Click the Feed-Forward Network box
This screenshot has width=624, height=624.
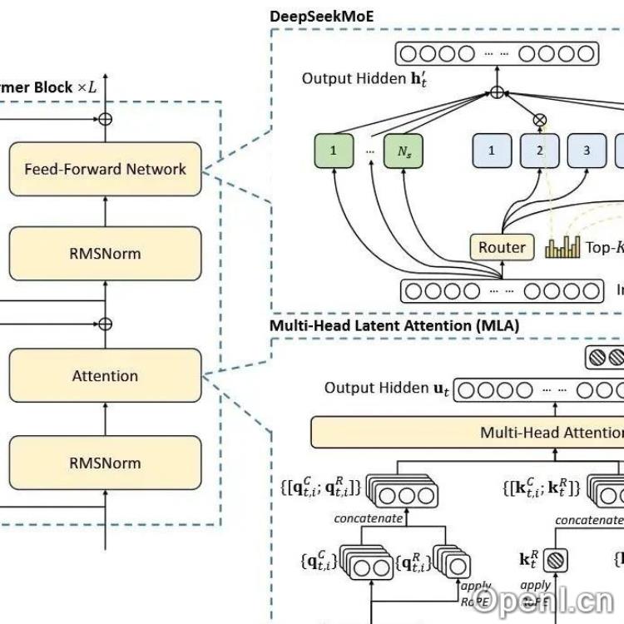(x=105, y=169)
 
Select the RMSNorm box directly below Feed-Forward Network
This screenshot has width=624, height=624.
(x=105, y=253)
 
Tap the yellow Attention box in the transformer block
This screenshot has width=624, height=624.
(x=105, y=376)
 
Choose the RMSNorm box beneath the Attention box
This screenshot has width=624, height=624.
(x=105, y=463)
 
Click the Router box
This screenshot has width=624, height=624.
(x=502, y=247)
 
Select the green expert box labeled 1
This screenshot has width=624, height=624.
(x=334, y=151)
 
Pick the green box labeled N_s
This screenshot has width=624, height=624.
(x=404, y=151)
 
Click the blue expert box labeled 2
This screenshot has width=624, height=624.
(x=540, y=151)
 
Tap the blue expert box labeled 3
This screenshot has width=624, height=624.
(x=587, y=151)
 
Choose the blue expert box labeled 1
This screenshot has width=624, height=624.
(x=492, y=151)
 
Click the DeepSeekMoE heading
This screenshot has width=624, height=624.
(x=320, y=16)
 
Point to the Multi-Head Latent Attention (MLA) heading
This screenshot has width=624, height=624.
(x=394, y=325)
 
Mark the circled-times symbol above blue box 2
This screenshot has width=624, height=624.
(x=540, y=119)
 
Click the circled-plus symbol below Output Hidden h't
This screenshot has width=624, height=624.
(x=496, y=92)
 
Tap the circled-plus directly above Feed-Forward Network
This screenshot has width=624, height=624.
(x=105, y=119)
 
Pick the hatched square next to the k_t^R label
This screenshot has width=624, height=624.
(x=555, y=561)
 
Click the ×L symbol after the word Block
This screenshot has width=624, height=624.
(x=87, y=87)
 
